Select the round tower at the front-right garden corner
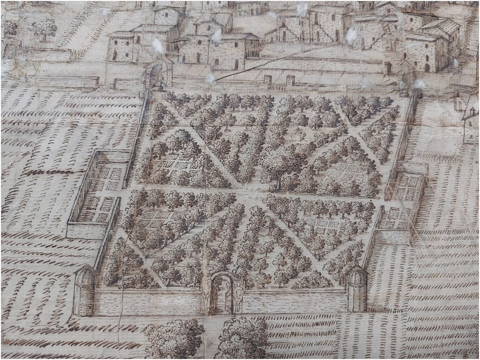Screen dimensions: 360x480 point(357,290)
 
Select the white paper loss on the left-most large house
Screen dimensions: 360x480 point(158,46)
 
